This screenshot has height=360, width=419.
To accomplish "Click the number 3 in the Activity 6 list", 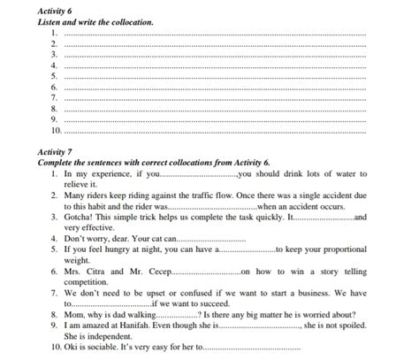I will coord(55,54).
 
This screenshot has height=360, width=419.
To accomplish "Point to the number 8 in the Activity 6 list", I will coord(55,108).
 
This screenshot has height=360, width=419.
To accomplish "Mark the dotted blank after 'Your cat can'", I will coord(212,239).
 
